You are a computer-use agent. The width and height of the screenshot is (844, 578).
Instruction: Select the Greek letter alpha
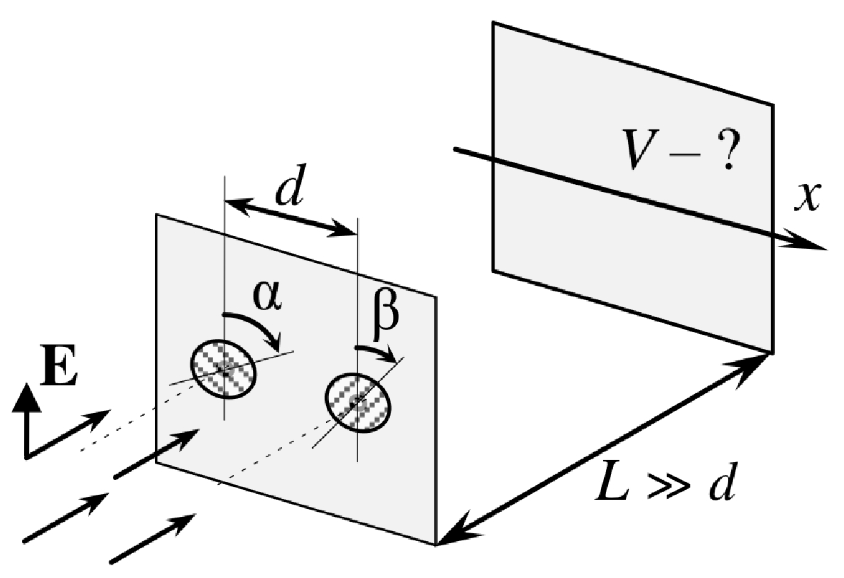268,296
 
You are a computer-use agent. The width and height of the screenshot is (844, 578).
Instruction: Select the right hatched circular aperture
358,402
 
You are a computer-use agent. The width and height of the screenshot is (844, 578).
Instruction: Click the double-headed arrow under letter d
291,215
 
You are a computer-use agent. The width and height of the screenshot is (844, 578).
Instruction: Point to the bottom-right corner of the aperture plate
435,545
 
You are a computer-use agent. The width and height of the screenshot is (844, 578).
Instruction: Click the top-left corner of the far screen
493,22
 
